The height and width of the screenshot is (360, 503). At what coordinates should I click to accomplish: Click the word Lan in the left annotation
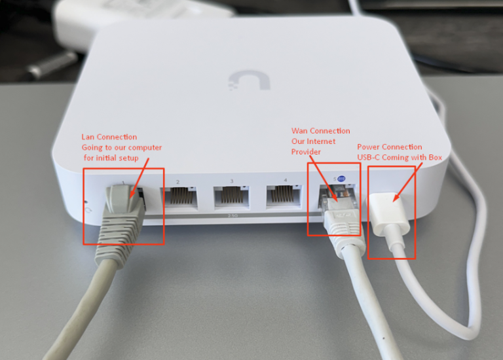tap(88, 137)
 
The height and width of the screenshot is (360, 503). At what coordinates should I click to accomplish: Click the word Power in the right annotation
tap(369, 147)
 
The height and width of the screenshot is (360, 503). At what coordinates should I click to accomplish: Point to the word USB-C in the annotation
tap(369, 157)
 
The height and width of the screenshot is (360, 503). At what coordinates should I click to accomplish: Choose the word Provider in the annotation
tap(306, 152)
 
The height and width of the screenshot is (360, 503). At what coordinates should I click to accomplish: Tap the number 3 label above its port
tap(231, 181)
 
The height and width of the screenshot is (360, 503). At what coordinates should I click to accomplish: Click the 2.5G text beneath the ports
tap(231, 215)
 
